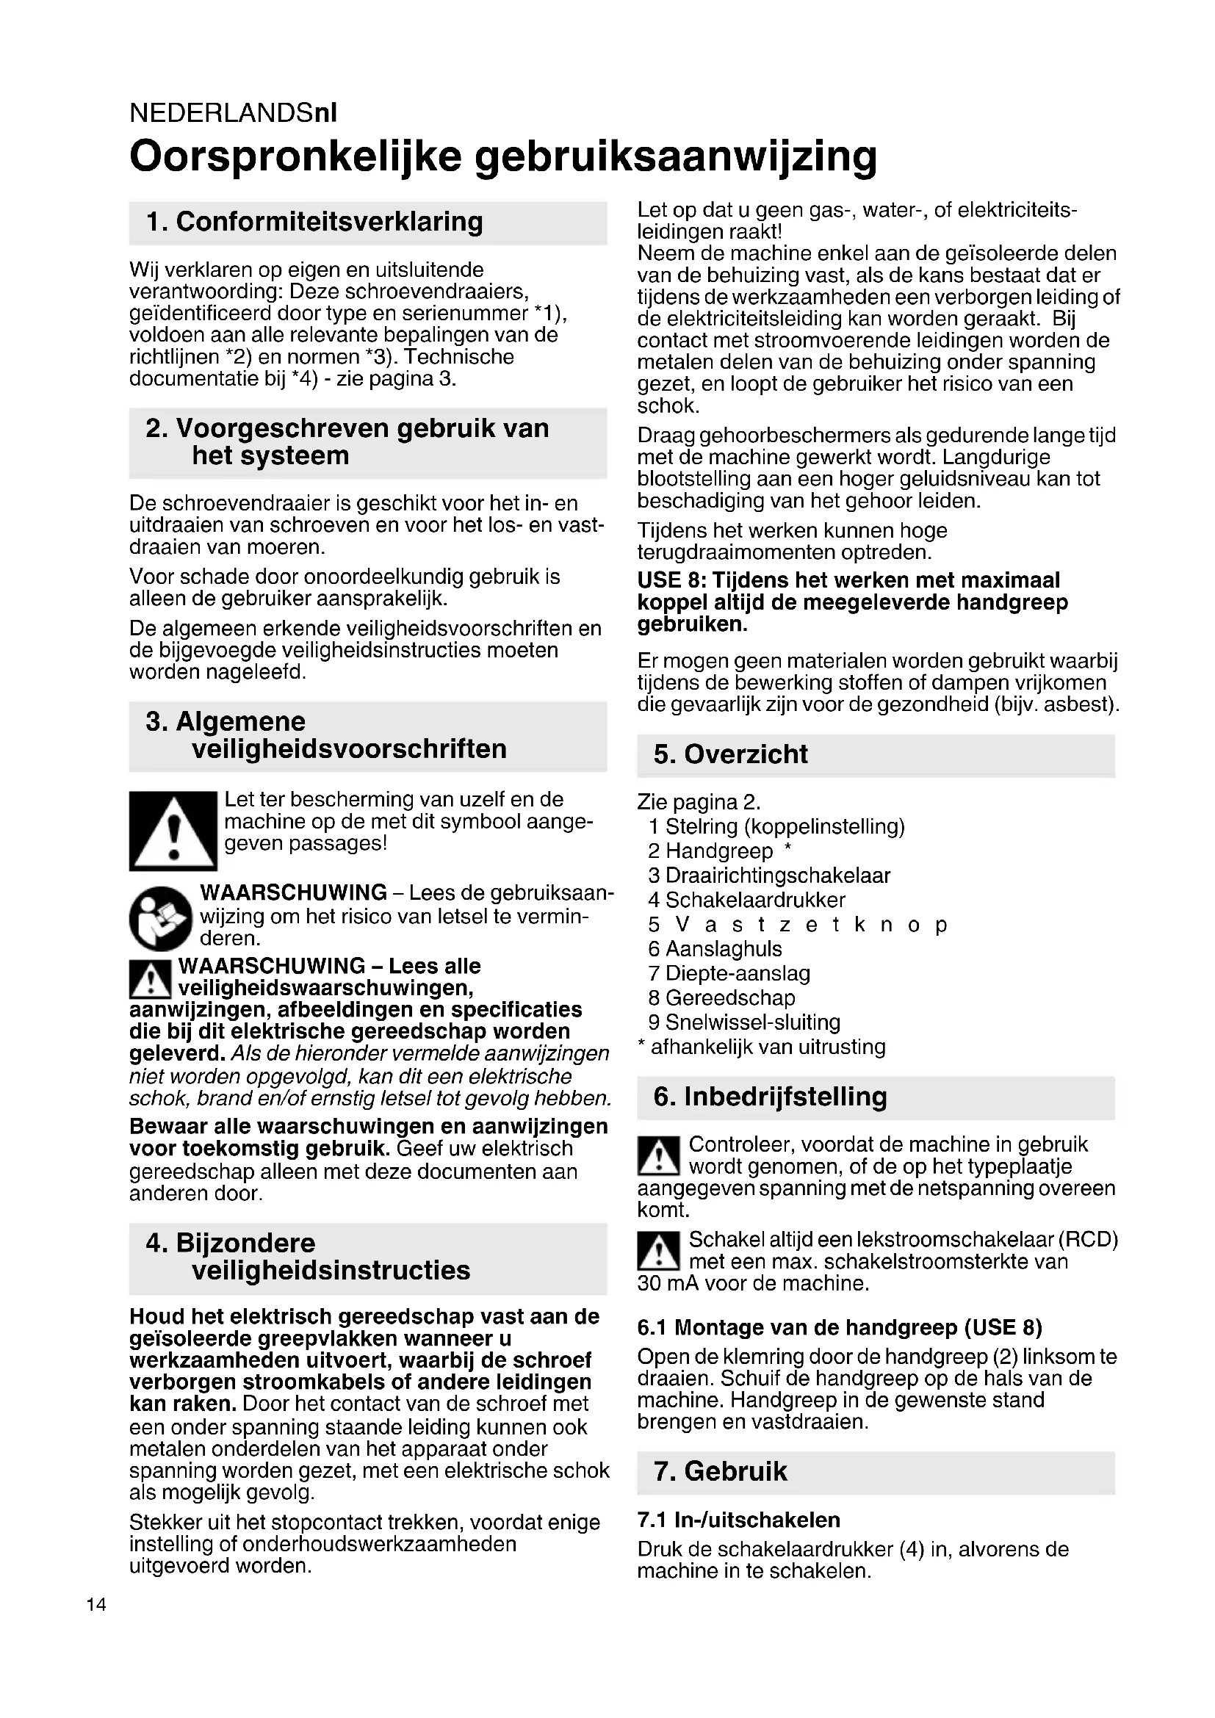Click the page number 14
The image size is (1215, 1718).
coord(96,1604)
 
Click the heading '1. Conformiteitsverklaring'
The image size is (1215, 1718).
coord(314,222)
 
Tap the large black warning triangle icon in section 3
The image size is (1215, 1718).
coord(173,831)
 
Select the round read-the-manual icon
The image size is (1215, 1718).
coord(160,918)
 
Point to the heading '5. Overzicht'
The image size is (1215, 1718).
coord(730,754)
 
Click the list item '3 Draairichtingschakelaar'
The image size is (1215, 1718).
coord(769,876)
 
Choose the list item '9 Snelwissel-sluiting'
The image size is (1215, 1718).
coord(744,1022)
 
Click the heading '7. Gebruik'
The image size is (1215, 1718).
coord(721,1471)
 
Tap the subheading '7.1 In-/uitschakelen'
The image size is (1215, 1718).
coord(738,1520)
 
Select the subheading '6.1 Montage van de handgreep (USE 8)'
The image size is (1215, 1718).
coord(840,1327)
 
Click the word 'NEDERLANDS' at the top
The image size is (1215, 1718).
coord(221,113)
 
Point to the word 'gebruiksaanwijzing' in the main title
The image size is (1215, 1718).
coord(676,156)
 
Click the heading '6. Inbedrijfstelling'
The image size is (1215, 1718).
coord(770,1097)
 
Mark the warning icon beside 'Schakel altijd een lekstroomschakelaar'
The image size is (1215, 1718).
coord(658,1253)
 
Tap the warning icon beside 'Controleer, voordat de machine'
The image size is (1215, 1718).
coord(658,1155)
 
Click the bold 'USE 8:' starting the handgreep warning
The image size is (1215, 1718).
coord(671,580)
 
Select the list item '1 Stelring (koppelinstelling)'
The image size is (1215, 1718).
coord(776,827)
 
